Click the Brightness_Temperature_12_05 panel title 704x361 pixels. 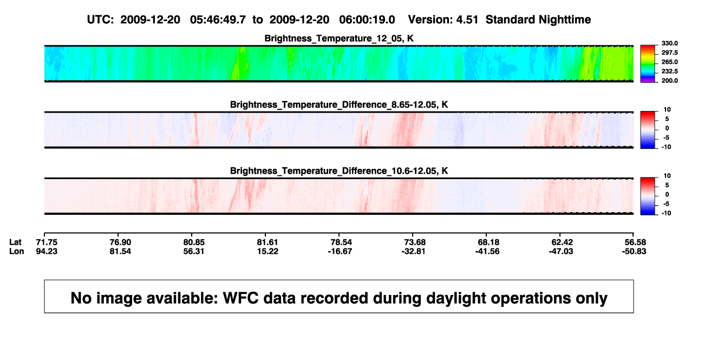[339, 38]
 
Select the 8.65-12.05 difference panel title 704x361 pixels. [339, 104]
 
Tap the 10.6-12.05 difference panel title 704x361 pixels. [339, 171]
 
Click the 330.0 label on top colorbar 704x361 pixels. [669, 43]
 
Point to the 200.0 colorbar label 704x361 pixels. [669, 81]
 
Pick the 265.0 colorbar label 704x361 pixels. [669, 62]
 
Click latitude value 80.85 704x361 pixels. [194, 242]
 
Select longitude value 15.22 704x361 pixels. [268, 251]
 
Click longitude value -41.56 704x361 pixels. [487, 251]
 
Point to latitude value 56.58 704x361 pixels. [635, 242]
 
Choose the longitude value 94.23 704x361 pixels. [47, 251]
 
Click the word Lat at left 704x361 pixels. [15, 242]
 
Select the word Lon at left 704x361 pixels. [17, 251]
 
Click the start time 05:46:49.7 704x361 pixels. [218, 20]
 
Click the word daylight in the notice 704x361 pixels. [454, 298]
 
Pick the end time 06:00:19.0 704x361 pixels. [367, 20]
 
